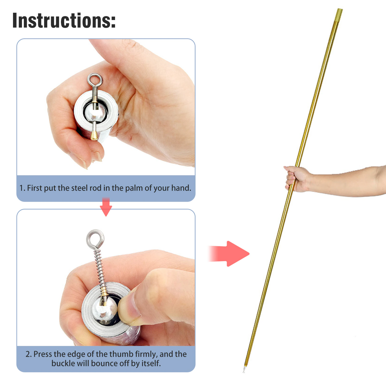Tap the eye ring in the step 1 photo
[95, 75]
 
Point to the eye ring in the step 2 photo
[95, 232]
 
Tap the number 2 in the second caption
[28, 354]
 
